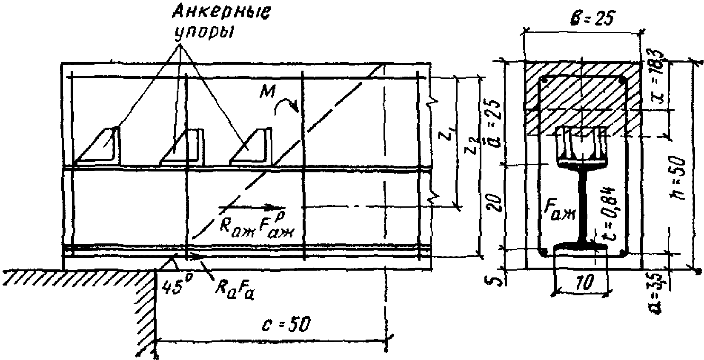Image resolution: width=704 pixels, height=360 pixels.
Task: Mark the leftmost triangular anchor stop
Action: pos(100,147)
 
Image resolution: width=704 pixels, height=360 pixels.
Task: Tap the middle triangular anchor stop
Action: pos(183,148)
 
